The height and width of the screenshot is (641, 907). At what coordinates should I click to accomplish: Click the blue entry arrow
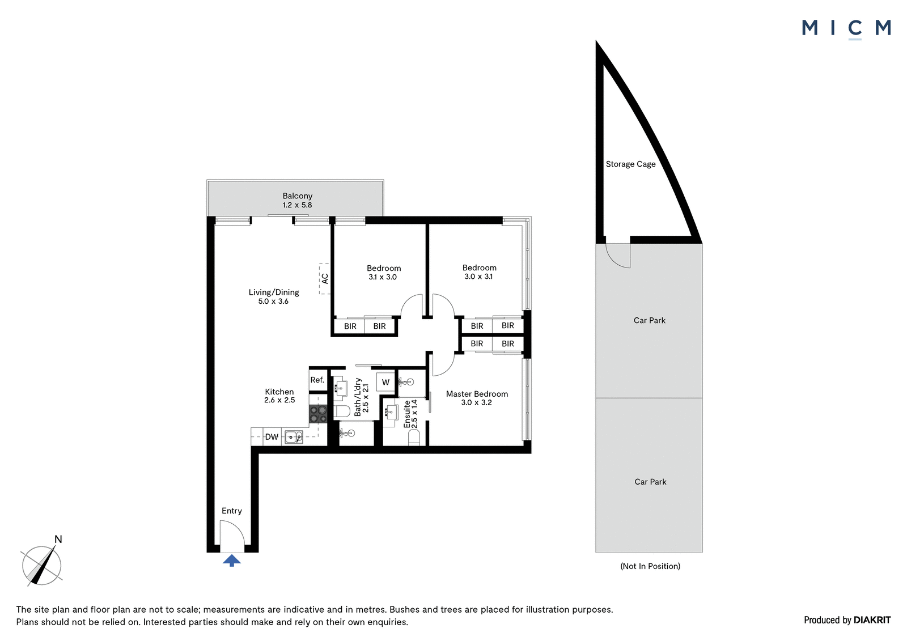point(232,561)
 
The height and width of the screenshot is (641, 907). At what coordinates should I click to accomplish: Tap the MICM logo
point(846,29)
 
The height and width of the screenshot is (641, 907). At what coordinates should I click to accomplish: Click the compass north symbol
point(42,563)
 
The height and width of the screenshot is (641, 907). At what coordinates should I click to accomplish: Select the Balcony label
point(298,196)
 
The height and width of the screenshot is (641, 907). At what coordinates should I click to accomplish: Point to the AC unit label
point(325,279)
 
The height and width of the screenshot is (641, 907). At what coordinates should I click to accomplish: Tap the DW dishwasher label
point(272,437)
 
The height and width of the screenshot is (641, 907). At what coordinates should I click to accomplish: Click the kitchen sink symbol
point(294,437)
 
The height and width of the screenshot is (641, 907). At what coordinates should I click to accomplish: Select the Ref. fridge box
point(318,380)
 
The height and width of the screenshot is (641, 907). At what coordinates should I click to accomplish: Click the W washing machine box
point(385,382)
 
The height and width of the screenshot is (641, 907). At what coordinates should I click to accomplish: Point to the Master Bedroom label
point(477,394)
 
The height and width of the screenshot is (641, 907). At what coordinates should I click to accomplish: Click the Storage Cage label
point(630,164)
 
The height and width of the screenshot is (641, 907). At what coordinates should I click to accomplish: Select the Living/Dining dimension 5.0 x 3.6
point(273,302)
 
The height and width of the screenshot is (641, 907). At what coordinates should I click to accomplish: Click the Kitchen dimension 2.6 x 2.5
point(279,400)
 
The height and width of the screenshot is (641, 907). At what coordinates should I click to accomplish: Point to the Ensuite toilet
point(414,438)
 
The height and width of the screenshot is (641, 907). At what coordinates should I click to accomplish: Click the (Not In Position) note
point(650,566)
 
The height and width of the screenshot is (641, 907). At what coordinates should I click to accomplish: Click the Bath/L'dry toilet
point(342,411)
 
